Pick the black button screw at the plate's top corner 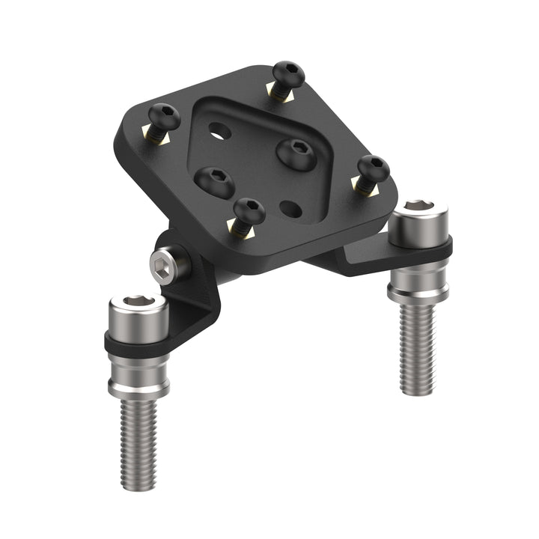(x=287, y=75)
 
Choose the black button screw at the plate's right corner (x=373, y=168)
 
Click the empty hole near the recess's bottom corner (x=290, y=208)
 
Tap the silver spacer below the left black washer (x=139, y=374)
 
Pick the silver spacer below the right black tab (x=418, y=281)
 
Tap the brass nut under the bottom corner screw (x=243, y=230)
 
